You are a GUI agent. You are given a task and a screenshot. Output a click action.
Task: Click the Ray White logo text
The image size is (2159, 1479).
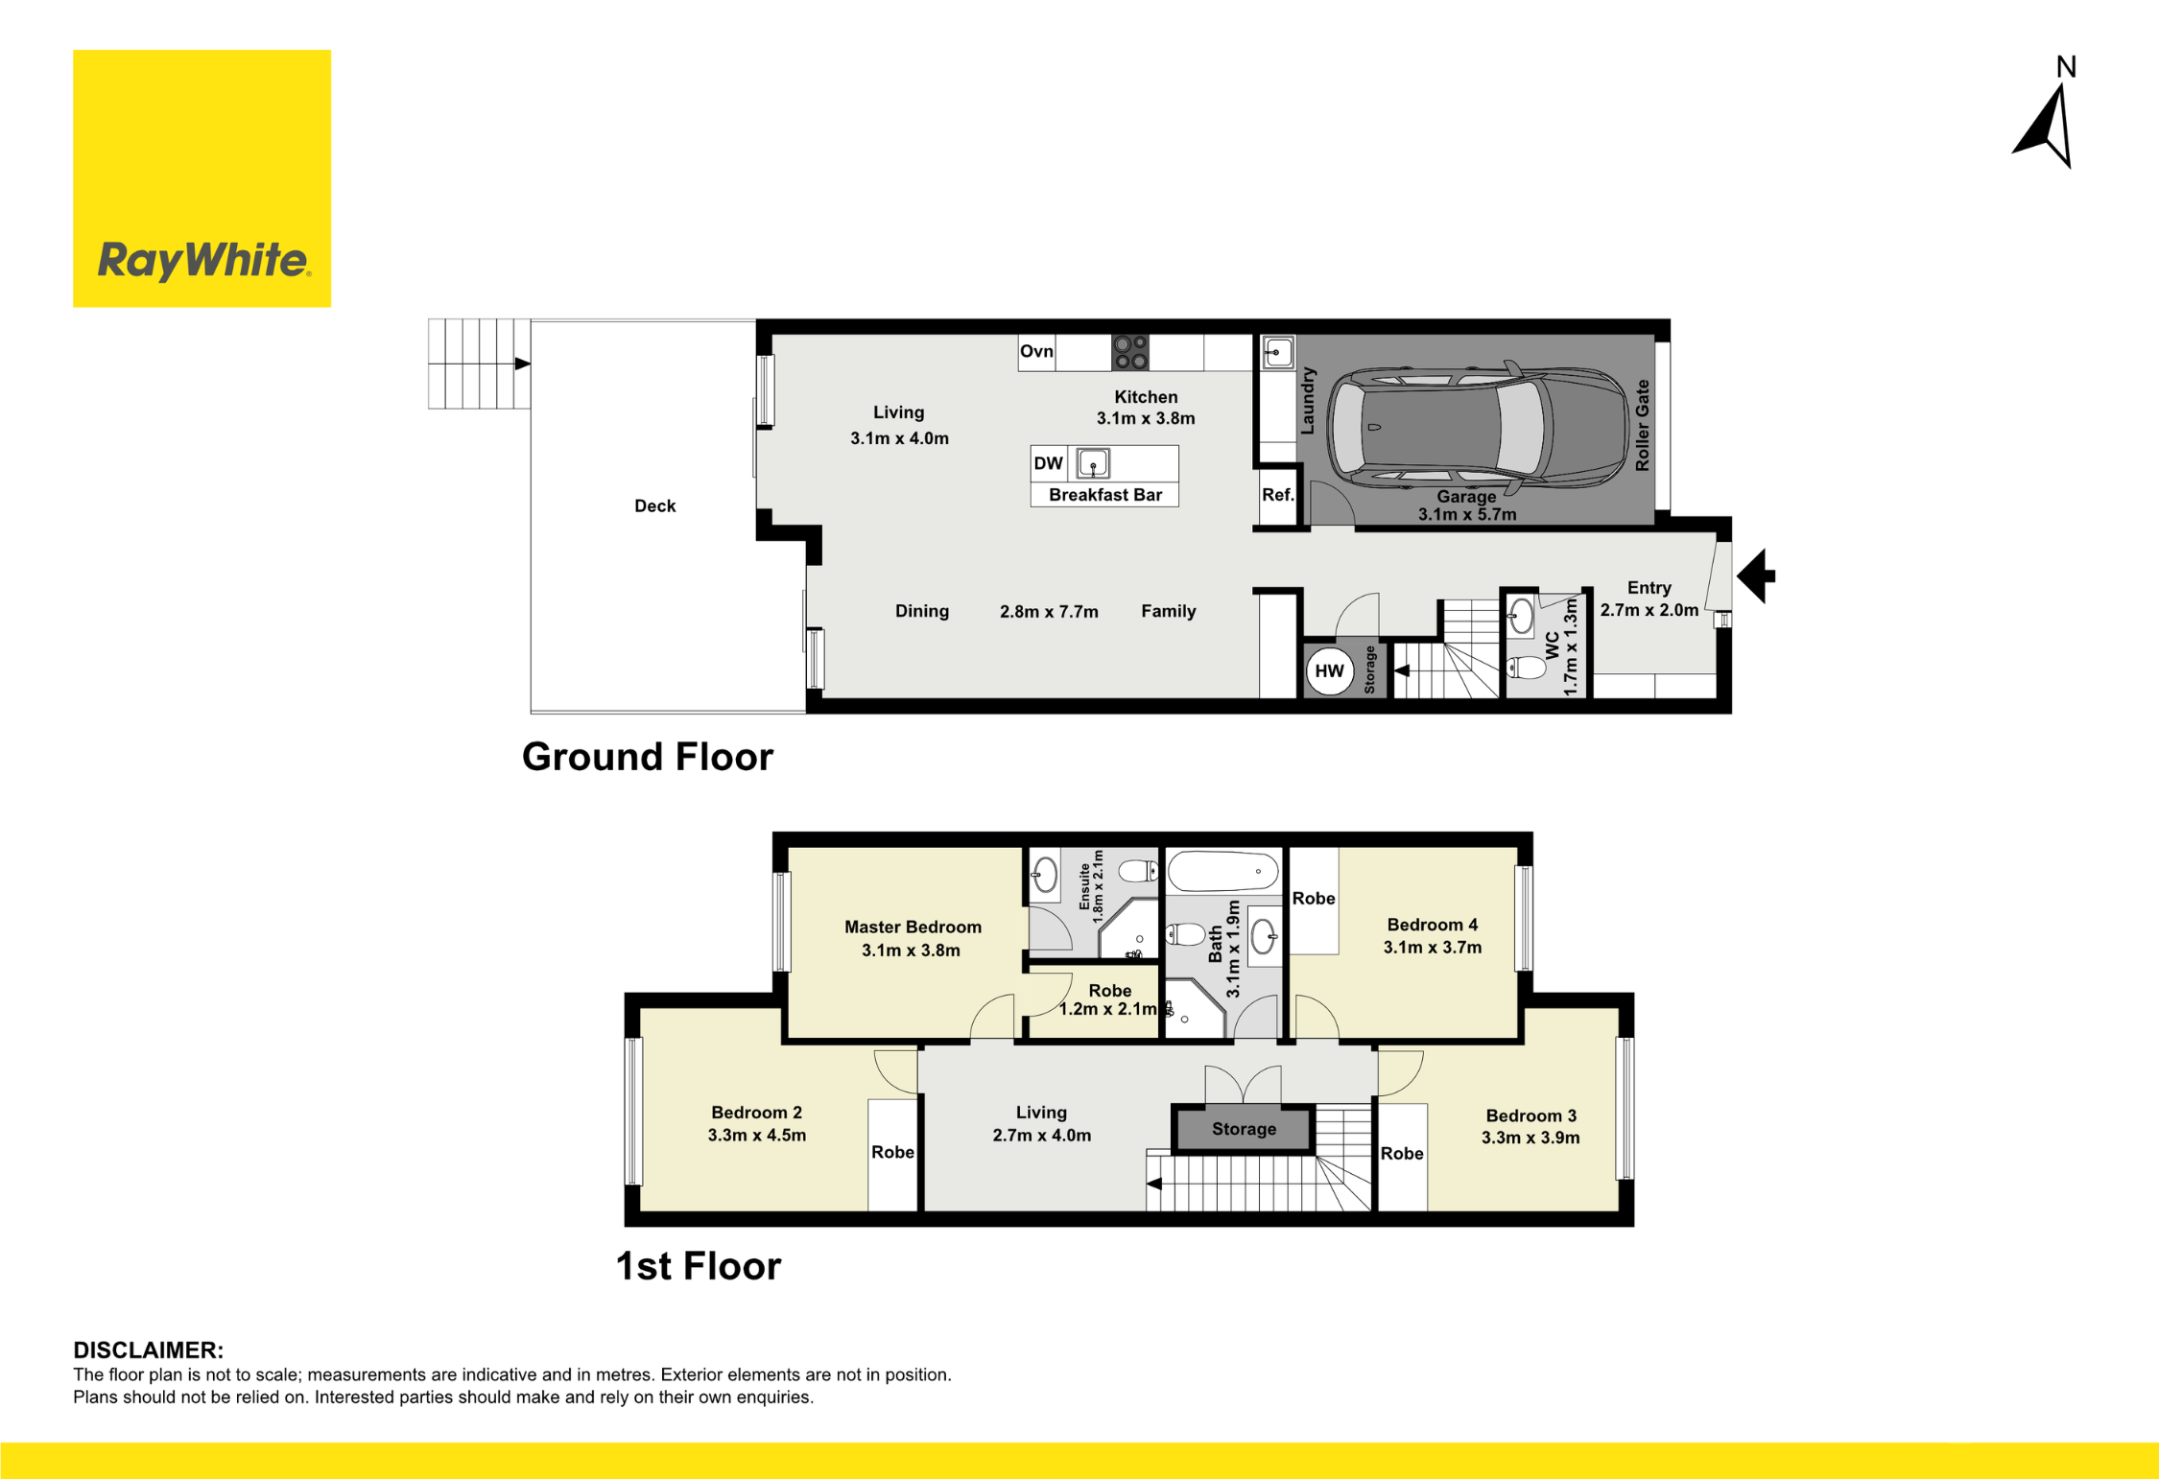pos(203,261)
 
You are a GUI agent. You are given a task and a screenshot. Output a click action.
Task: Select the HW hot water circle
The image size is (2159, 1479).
pos(1329,671)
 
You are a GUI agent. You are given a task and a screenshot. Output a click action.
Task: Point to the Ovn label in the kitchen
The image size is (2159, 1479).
pos(1036,351)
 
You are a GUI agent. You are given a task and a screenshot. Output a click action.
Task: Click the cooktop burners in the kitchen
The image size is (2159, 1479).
pos(1130,352)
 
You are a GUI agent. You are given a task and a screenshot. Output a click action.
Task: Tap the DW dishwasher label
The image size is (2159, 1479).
pos(1048,463)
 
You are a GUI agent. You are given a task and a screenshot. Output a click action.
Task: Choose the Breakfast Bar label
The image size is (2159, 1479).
pos(1105,495)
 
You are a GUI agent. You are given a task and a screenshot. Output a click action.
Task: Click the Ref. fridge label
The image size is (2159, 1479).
pos(1277,495)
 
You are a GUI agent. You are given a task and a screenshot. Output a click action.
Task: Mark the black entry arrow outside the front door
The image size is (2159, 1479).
pos(1756,576)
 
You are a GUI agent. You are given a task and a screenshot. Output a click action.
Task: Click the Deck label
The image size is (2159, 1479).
pos(655,506)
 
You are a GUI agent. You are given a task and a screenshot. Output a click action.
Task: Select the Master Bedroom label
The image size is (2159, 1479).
pos(913,927)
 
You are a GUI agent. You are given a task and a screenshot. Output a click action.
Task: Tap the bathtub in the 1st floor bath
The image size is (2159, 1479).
pos(1223,872)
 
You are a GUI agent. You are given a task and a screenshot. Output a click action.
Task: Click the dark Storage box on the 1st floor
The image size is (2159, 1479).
pos(1244,1129)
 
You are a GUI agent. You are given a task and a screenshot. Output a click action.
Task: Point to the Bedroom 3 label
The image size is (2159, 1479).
pos(1531,1115)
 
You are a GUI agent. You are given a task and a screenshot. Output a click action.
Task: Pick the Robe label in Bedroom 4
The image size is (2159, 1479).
pos(1314,899)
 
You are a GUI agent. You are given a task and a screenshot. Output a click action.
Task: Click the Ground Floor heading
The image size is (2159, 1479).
pos(648,757)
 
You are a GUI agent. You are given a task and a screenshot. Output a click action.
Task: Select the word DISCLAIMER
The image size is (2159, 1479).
pos(148,1350)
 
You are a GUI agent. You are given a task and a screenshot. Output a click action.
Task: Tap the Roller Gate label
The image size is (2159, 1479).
pos(1642,425)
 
